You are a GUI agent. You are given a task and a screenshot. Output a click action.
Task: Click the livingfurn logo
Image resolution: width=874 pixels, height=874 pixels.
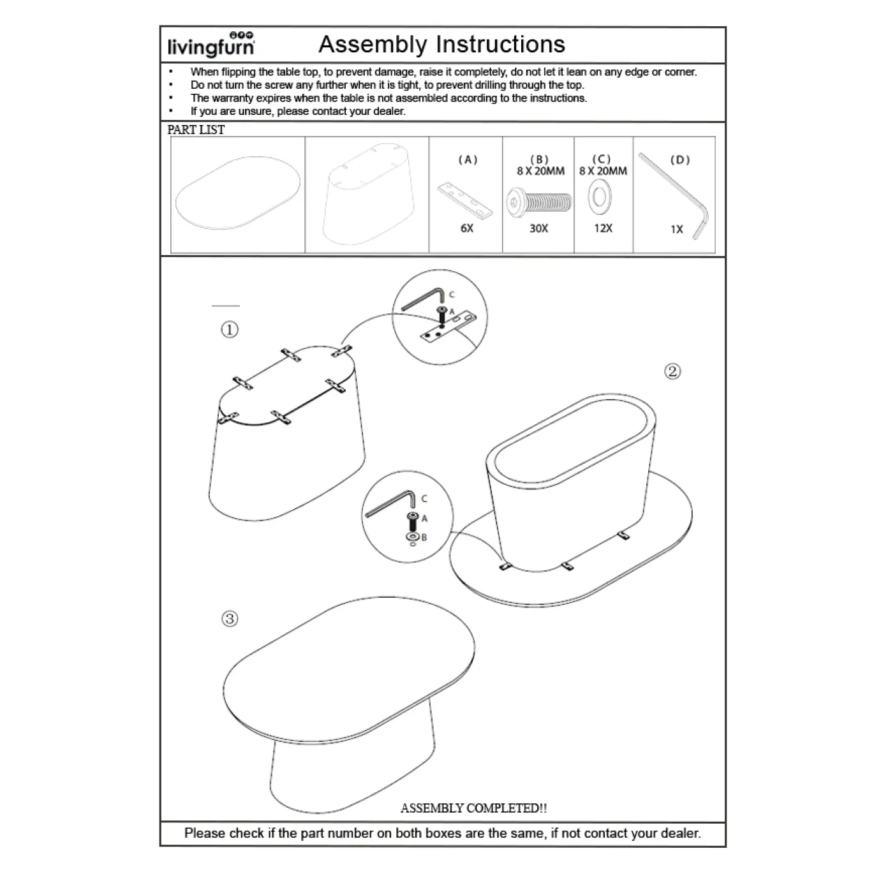coord(211,45)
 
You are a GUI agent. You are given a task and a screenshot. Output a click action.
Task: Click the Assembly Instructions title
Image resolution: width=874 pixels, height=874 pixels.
coord(441,45)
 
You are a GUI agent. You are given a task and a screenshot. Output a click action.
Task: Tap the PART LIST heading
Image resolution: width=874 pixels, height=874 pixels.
coord(196,130)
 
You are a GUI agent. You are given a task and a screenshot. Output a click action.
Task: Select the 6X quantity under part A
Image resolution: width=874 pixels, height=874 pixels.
coord(467,228)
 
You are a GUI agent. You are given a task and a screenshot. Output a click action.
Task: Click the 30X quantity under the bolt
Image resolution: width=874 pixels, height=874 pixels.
coord(539,228)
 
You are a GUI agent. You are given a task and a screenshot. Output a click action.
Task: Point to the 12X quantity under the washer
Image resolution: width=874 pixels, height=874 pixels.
coord(604,228)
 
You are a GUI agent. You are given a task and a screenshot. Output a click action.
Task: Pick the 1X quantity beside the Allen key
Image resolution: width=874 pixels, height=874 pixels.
coord(677,230)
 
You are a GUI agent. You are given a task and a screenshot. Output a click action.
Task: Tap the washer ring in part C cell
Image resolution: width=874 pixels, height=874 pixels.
coord(600,197)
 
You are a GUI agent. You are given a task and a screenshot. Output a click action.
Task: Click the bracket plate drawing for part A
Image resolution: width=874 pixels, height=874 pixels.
coord(465,201)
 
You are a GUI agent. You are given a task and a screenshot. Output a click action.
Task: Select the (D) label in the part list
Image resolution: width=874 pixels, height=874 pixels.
coord(680,159)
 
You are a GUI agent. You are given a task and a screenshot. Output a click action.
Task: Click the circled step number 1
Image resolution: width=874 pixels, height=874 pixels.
coord(230,329)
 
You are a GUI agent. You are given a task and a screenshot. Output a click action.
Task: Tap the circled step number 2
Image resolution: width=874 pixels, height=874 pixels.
coord(672,371)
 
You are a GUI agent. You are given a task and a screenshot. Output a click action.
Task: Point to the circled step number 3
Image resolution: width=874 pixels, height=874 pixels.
coord(230,619)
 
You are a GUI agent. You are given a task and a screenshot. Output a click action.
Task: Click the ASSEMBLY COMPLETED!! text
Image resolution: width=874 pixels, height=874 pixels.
coord(473,808)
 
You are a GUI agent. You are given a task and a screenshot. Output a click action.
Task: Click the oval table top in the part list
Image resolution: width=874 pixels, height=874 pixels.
coord(238,193)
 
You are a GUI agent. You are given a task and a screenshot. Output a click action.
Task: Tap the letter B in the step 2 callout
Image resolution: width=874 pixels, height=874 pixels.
coord(424,537)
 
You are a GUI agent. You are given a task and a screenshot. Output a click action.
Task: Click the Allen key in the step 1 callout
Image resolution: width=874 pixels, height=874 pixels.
coord(423,299)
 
